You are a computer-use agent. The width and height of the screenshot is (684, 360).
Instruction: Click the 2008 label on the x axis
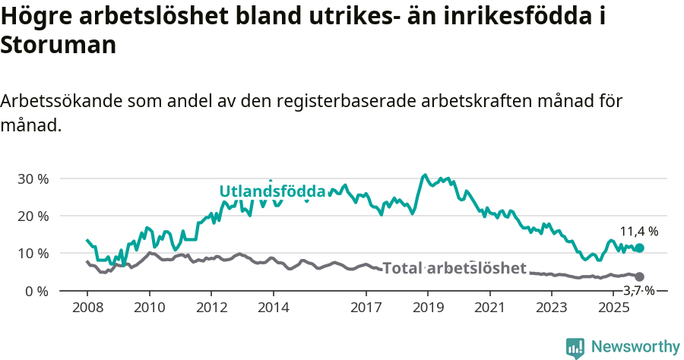click(87, 308)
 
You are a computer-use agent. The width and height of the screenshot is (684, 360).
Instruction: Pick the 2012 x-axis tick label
click(211, 308)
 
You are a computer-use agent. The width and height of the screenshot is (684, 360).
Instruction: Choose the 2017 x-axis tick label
click(366, 308)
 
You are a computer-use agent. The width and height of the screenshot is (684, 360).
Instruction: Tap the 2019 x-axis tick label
click(428, 308)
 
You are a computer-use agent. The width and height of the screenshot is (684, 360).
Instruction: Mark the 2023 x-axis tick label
click(552, 308)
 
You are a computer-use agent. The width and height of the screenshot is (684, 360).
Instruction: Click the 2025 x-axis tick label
click(613, 308)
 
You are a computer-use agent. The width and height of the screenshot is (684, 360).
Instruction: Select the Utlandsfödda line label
click(272, 191)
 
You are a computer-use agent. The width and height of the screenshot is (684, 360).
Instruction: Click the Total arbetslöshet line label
click(454, 268)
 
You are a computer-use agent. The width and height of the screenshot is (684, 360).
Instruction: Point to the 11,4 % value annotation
click(639, 232)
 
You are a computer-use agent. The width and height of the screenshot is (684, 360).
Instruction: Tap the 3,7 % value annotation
click(639, 290)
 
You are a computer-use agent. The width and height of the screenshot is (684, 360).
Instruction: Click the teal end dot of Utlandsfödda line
click(639, 248)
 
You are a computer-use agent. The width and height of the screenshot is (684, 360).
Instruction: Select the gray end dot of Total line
click(639, 276)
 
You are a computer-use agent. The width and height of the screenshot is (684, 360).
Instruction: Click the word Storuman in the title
click(58, 46)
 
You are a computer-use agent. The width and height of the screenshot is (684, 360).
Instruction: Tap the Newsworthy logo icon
click(575, 347)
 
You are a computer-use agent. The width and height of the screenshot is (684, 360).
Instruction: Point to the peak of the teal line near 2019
click(425, 175)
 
